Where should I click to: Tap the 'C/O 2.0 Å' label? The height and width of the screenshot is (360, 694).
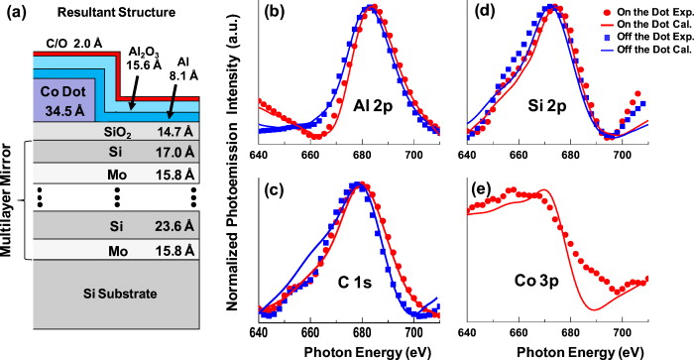pyautogui.click(x=68, y=44)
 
